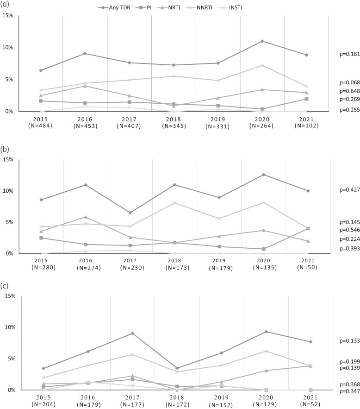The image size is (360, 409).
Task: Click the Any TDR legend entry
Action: tap(114, 7)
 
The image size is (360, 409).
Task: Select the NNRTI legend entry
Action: tap(199, 7)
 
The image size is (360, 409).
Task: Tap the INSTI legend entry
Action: tap(230, 7)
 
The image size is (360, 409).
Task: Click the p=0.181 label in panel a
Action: tap(349, 54)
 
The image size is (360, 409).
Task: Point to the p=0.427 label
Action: tap(349, 189)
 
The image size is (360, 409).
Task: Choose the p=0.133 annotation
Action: tap(349, 340)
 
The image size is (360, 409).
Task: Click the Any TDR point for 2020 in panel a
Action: tap(262, 41)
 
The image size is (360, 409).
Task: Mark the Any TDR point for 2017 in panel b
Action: tap(130, 213)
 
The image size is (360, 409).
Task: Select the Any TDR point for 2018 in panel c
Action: tap(177, 368)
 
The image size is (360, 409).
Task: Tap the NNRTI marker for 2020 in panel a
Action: tap(262, 65)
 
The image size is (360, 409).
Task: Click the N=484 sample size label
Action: tap(40, 126)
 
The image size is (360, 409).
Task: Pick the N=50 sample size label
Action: tap(307, 267)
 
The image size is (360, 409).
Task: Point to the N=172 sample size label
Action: tap(177, 404)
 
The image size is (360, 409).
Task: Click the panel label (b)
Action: tap(5, 149)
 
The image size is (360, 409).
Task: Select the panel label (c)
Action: tap(5, 286)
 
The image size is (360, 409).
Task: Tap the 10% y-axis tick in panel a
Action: tap(7, 47)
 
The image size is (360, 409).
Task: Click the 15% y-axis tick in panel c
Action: tap(10, 296)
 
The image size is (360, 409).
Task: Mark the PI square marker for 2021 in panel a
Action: tap(307, 99)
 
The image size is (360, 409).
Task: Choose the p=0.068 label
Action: tap(349, 82)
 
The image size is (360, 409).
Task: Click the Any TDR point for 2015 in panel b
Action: tap(41, 200)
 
